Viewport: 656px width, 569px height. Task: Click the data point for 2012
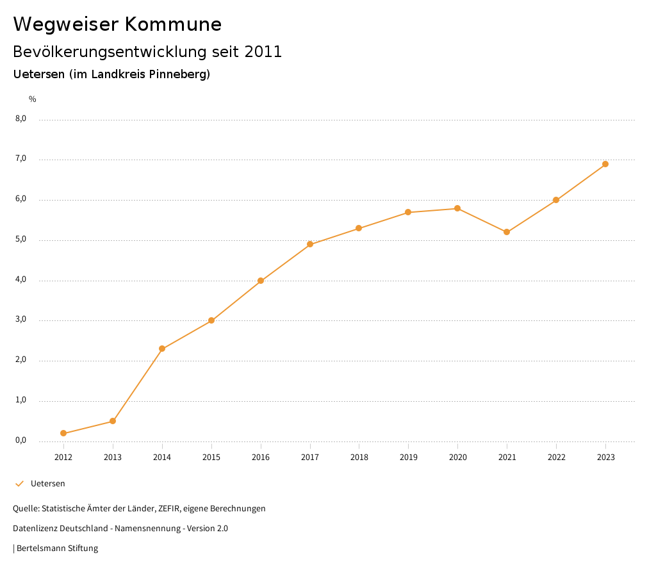tap(63, 433)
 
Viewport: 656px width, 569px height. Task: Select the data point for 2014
tap(162, 349)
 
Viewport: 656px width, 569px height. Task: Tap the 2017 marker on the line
tap(310, 244)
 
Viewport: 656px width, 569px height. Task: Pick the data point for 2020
tap(457, 208)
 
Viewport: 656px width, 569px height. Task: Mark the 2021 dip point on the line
tap(507, 232)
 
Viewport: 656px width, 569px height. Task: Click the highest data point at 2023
tap(605, 164)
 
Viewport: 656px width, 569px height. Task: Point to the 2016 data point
tap(261, 281)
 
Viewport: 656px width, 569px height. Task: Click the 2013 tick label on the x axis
tap(113, 457)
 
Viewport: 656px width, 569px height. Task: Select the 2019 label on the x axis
tap(408, 457)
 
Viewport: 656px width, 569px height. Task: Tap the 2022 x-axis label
tap(556, 457)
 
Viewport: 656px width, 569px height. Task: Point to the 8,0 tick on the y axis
tap(21, 119)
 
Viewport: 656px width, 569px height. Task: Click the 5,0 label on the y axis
tap(21, 240)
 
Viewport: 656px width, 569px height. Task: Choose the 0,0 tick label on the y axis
tap(21, 441)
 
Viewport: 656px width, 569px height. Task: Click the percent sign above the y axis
tap(33, 99)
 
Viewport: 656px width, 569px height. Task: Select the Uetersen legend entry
tap(47, 484)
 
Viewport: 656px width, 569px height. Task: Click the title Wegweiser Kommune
tap(117, 24)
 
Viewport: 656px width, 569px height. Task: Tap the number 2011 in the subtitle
tap(263, 52)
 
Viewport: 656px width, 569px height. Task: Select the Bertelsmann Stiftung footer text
tap(57, 548)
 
